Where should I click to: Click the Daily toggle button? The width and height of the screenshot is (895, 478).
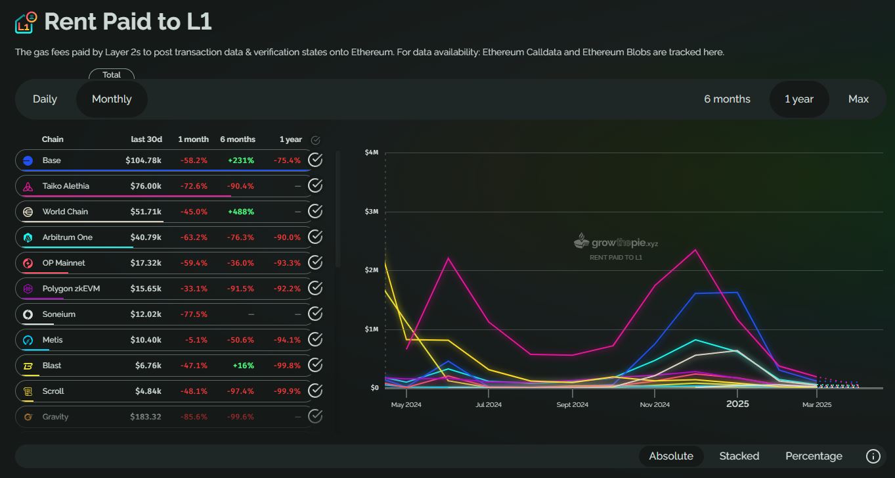[x=45, y=99]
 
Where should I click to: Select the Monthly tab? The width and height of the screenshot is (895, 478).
[x=112, y=99]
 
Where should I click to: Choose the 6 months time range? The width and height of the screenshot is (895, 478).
[x=727, y=99]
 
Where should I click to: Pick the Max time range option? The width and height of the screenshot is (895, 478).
[x=858, y=99]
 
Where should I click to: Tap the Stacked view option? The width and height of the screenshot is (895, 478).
[x=739, y=456]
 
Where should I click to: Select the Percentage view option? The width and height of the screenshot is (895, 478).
[x=814, y=456]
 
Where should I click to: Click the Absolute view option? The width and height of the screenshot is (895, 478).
[x=670, y=456]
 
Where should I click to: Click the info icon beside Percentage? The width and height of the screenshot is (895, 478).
[x=873, y=456]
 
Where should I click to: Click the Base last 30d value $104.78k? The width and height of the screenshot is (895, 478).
[x=143, y=160]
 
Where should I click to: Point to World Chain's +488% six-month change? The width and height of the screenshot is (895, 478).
[x=240, y=212]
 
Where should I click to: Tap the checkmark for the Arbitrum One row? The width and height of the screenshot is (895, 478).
[x=315, y=237]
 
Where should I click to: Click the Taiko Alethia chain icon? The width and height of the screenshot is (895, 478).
[x=28, y=187]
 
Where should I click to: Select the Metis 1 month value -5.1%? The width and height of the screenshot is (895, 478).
[x=197, y=340]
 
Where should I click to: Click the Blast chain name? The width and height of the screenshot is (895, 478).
[x=52, y=366]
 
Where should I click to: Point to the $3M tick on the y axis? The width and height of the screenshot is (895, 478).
[x=371, y=212]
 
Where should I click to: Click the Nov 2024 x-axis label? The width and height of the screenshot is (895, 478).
[x=654, y=405]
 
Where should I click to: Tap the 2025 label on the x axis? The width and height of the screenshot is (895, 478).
[x=737, y=404]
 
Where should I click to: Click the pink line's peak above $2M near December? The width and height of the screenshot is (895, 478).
[x=695, y=250]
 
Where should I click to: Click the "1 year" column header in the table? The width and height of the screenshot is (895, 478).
[x=290, y=139]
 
